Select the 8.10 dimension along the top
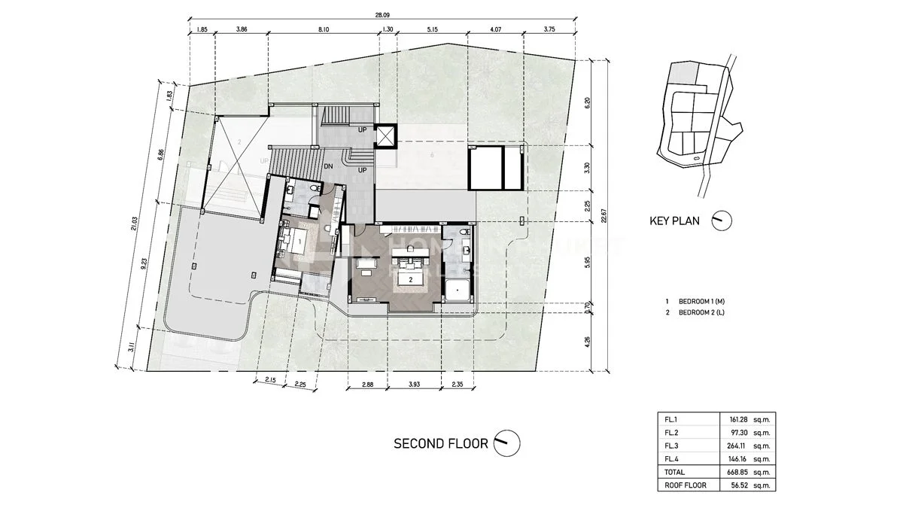pyautogui.click(x=324, y=29)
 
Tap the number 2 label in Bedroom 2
pyautogui.click(x=410, y=279)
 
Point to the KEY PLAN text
pyautogui.click(x=674, y=221)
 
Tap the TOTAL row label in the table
pyautogui.click(x=673, y=472)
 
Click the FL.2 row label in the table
pyautogui.click(x=670, y=431)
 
